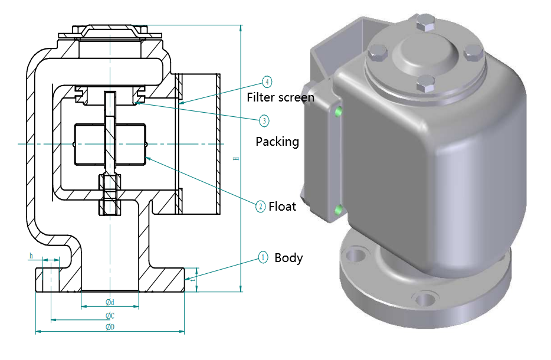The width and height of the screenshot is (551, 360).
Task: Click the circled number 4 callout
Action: tap(267, 81)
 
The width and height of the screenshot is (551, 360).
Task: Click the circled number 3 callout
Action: tap(264, 120)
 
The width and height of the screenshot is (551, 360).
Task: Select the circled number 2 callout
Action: tap(260, 206)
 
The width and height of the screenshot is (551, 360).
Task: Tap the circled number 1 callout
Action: tap(263, 257)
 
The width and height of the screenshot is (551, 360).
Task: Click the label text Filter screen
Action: tap(280, 97)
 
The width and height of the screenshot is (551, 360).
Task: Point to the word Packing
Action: tap(277, 142)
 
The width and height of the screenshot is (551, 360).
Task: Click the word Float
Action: tap(282, 207)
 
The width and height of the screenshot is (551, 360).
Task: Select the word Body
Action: tap(288, 258)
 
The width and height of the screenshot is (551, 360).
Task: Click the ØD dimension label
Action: tap(110, 327)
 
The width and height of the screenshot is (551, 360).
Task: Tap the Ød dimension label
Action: tap(110, 302)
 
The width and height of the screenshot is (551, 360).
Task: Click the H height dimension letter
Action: tap(236, 158)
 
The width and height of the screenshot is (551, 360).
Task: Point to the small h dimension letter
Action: tap(31, 256)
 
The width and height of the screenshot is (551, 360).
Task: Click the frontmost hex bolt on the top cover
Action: tap(422, 84)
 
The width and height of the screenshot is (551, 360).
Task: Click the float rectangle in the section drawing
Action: tap(109, 143)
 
